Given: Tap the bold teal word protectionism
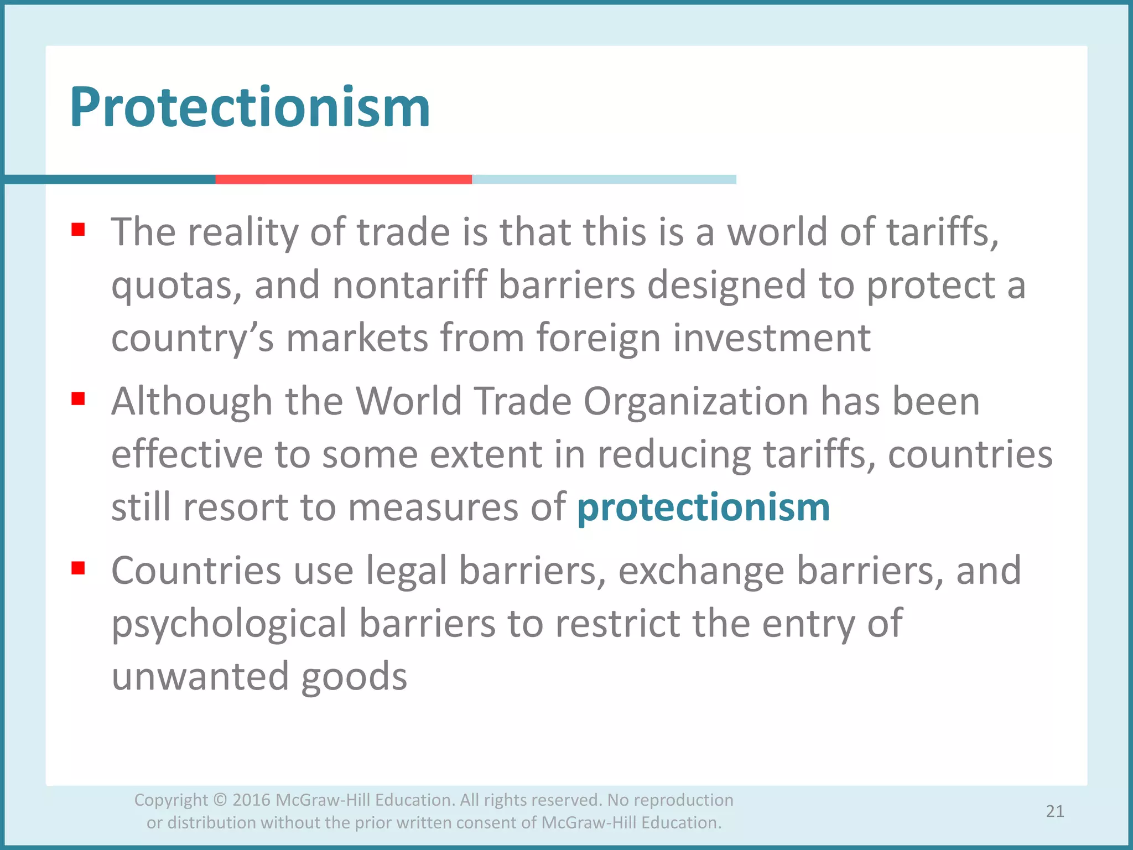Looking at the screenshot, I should [703, 507].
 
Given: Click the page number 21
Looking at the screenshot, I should [1055, 811].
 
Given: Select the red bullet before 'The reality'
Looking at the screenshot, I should [78, 229].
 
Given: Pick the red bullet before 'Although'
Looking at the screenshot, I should [78, 398].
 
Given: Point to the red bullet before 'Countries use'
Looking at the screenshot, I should [78, 568].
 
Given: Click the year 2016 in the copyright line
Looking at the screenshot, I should [251, 800].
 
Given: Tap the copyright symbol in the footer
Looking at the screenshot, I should [220, 800].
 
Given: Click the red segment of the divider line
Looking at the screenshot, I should [344, 179].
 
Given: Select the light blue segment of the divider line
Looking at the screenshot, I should [604, 179].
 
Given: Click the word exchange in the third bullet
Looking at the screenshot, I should [701, 571].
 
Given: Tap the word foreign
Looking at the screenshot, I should [598, 339].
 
